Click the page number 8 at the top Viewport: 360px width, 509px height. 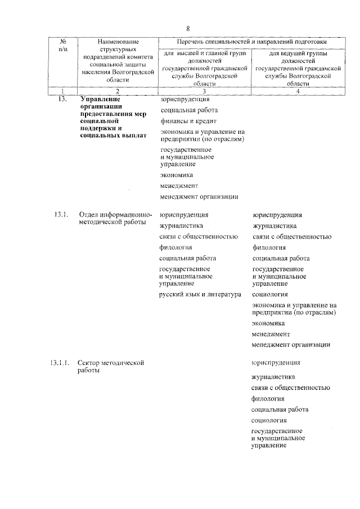188,28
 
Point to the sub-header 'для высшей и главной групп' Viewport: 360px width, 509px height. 204,53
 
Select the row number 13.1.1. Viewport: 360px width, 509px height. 59,363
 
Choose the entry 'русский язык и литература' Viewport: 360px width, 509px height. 200,294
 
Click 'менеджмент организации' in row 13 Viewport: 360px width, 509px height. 199,197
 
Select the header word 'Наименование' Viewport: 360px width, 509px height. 117,42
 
